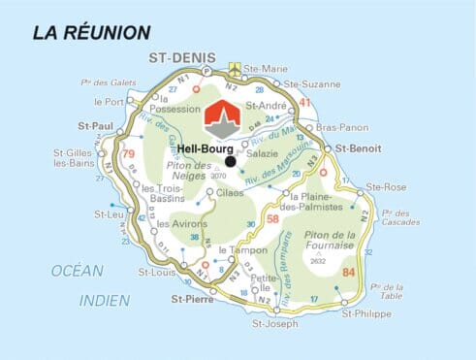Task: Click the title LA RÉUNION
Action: (x=92, y=33)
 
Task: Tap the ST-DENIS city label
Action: (x=180, y=58)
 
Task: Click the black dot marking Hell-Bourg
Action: (x=229, y=162)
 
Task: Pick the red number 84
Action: (x=349, y=274)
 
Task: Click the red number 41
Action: (x=305, y=102)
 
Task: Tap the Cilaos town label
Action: (x=231, y=193)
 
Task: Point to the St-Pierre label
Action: (x=192, y=300)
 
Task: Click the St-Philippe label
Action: (x=367, y=315)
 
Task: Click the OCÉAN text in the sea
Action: (x=77, y=269)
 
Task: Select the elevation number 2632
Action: (x=318, y=260)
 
